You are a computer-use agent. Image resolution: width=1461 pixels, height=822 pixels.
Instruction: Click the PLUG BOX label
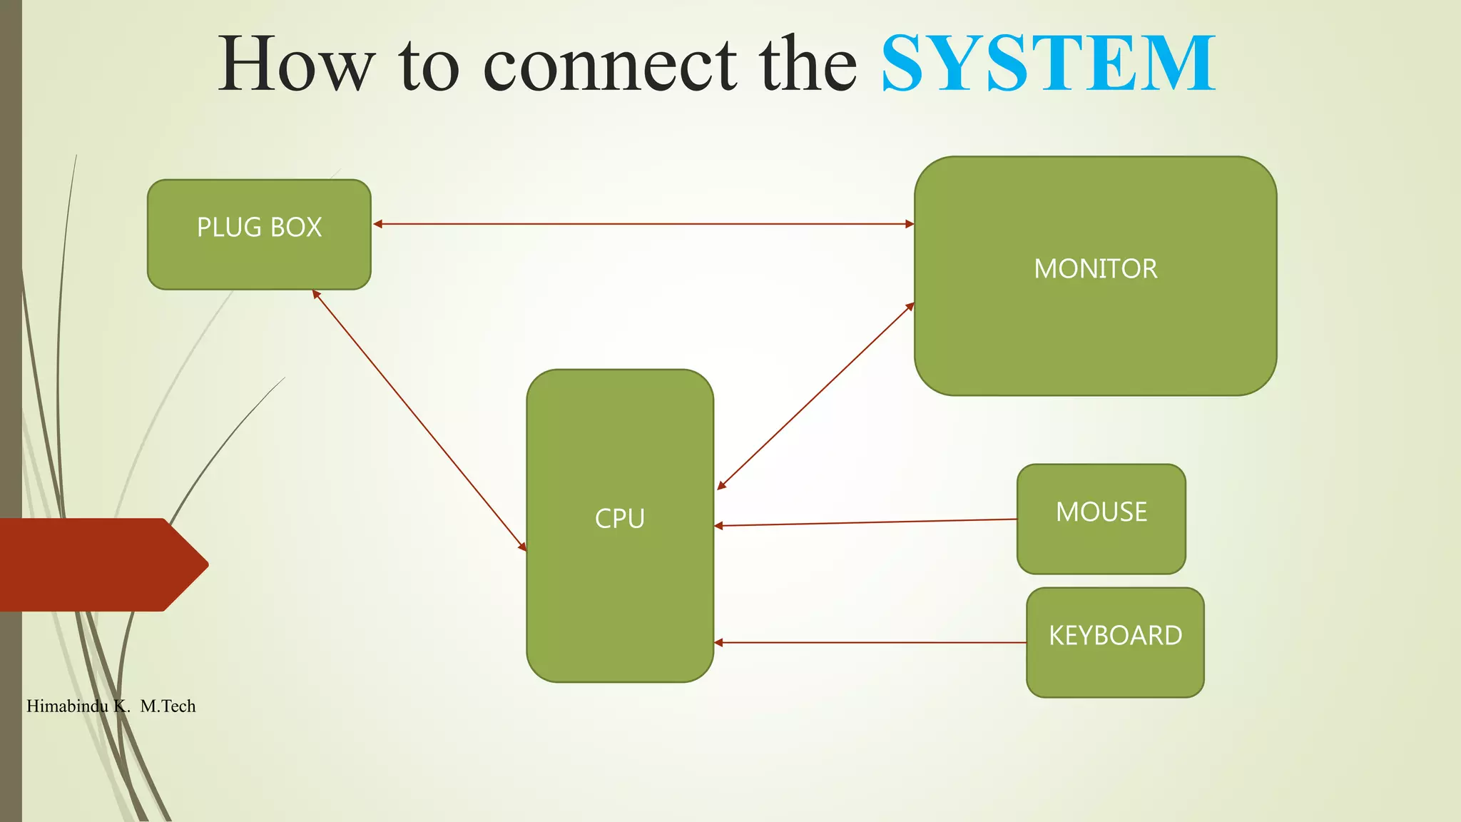(259, 228)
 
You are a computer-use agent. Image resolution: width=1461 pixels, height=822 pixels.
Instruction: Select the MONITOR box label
(1095, 269)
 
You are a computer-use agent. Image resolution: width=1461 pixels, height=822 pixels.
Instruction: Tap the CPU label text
(619, 519)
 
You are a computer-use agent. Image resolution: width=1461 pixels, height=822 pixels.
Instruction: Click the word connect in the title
(610, 66)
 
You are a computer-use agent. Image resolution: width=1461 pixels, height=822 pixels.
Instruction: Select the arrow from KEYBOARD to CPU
(870, 643)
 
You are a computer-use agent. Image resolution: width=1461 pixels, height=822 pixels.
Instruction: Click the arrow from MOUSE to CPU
(865, 522)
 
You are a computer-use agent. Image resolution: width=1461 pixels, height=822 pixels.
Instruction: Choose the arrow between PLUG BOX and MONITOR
(642, 224)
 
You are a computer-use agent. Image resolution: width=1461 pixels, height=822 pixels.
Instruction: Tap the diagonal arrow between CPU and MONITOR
(815, 397)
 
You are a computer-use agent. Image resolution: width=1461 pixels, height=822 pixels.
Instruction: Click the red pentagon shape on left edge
(100, 564)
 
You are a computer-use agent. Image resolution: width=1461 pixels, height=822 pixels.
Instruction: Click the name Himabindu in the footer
(67, 706)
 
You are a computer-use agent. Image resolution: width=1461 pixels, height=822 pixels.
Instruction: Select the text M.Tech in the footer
(168, 706)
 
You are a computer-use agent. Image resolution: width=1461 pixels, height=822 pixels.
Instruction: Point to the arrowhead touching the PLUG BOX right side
(378, 224)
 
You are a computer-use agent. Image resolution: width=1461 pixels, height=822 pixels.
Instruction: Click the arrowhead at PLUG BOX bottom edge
(316, 294)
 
